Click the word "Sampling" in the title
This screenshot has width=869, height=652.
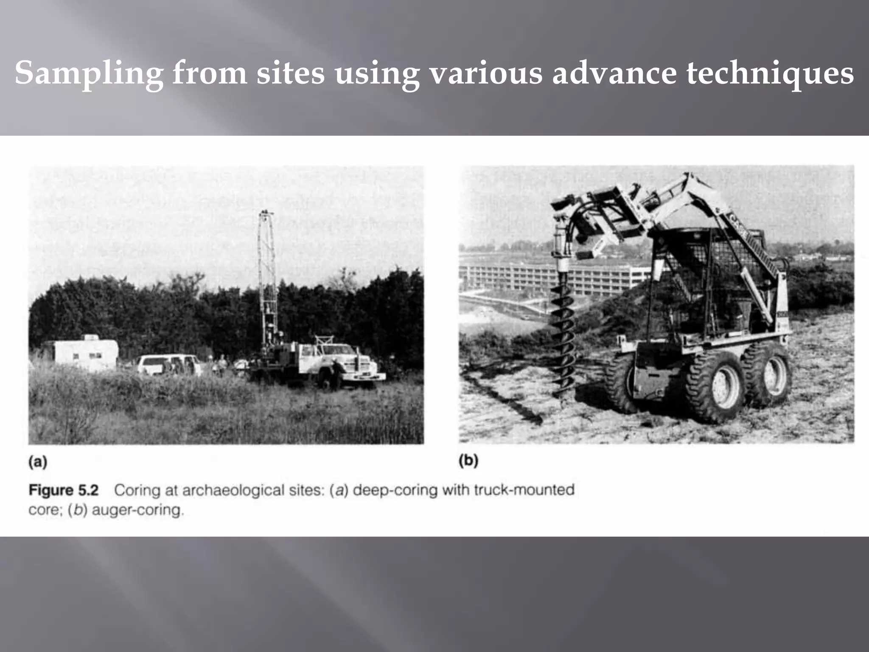coord(89,73)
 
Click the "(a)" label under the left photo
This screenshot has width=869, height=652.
coord(38,462)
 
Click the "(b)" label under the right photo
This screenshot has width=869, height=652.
coord(468,461)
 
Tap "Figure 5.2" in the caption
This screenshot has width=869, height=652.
coord(64,491)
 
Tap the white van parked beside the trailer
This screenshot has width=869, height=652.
coord(168,365)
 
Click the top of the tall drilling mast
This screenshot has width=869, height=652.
coord(266,215)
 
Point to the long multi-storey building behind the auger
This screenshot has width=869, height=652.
coord(552,275)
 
